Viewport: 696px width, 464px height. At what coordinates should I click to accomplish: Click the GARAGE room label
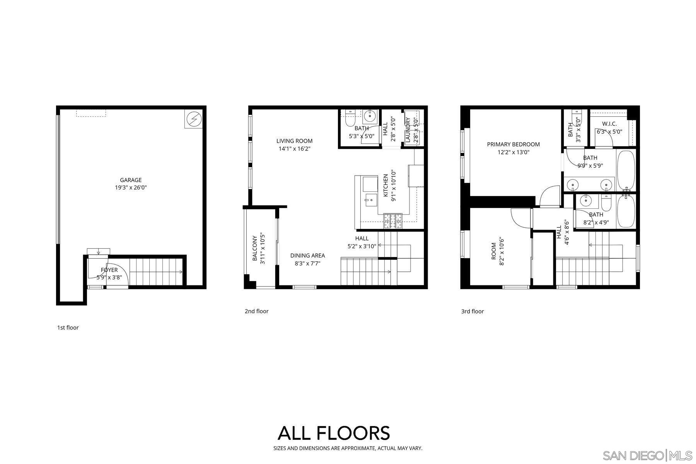(131, 180)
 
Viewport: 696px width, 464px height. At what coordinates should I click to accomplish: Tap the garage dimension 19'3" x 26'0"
(131, 188)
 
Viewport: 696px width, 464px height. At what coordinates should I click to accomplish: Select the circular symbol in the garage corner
(193, 119)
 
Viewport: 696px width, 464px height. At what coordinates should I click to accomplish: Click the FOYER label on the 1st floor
(109, 270)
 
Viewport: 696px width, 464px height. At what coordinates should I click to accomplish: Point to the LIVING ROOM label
(294, 141)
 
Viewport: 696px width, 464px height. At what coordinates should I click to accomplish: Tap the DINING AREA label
(307, 255)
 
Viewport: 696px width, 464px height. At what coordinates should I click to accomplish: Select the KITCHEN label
(386, 186)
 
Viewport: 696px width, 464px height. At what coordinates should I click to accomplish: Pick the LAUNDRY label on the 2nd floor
(408, 130)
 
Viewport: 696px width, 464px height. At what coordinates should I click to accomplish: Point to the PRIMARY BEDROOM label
(513, 144)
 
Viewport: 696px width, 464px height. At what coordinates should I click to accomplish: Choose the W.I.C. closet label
(609, 124)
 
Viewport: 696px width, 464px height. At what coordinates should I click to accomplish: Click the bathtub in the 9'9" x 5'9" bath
(626, 169)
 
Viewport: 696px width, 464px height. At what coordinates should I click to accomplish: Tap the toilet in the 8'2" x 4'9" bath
(606, 202)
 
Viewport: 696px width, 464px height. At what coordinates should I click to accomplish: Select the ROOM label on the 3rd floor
(493, 251)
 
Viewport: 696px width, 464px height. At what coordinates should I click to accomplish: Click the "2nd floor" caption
(256, 311)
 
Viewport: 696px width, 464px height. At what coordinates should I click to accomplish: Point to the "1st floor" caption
(68, 328)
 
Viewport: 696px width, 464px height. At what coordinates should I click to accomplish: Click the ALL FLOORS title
(334, 433)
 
